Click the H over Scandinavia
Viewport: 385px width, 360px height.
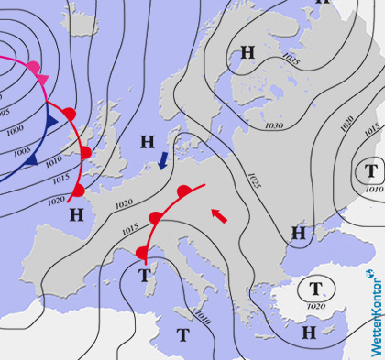(x=247, y=51)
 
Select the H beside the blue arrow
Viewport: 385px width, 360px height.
(x=147, y=142)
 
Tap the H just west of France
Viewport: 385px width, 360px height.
(x=76, y=214)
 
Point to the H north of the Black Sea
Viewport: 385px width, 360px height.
(x=298, y=233)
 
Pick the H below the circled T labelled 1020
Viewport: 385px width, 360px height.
(x=309, y=332)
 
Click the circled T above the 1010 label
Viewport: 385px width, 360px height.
(x=370, y=169)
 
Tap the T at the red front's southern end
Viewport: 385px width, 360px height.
(x=144, y=274)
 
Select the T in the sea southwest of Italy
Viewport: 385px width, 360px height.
(x=182, y=334)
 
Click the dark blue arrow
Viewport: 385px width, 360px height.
(x=163, y=160)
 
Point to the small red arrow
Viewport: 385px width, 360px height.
(x=218, y=215)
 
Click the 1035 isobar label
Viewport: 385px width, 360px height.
(x=291, y=60)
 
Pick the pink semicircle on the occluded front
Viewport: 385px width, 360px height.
(x=33, y=67)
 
